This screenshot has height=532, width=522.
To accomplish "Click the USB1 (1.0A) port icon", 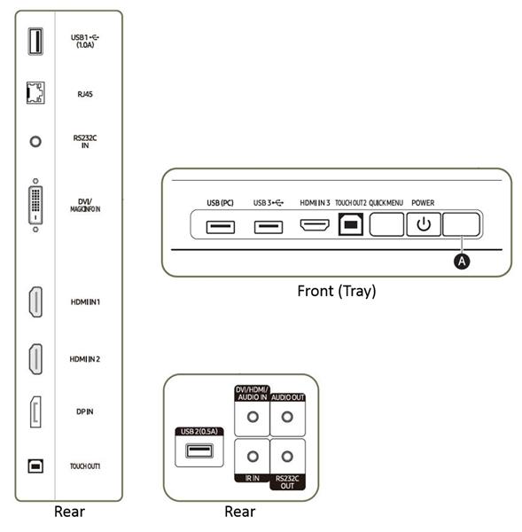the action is pos(35,42).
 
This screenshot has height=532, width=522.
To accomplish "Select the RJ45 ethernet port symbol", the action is pos(35,92).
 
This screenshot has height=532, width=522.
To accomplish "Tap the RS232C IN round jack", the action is pos(35,142).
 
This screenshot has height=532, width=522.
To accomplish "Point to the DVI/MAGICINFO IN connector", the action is pos(35,206).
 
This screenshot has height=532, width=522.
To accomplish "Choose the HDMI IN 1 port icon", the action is pos(35,302).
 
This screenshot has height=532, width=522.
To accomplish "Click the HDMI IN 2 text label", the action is pos(85,359).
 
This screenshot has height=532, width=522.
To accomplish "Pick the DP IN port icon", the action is pos(35,412).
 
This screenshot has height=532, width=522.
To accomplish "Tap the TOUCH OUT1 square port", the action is pos(35,466).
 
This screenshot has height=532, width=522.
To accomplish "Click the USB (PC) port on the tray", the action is pos(221,227).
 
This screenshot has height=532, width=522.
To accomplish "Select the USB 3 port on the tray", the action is pos(269,227).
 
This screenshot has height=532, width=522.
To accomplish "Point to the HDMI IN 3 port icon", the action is pos(315,225).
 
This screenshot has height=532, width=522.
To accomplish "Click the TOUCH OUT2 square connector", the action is pos(351,224).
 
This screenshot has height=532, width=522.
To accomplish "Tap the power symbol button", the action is pos(424,224).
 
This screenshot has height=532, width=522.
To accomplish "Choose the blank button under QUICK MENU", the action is pos(386,224).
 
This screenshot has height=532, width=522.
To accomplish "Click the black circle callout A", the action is pos(462,262).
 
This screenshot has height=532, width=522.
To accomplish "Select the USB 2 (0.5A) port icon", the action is pos(199,451).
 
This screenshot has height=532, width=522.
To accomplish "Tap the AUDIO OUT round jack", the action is pos(287,417).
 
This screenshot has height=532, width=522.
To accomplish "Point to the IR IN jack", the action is pos(253,457).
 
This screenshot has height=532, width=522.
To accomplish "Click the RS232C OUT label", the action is pos(287,482).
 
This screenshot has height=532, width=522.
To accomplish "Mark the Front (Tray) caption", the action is pos(337,292).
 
